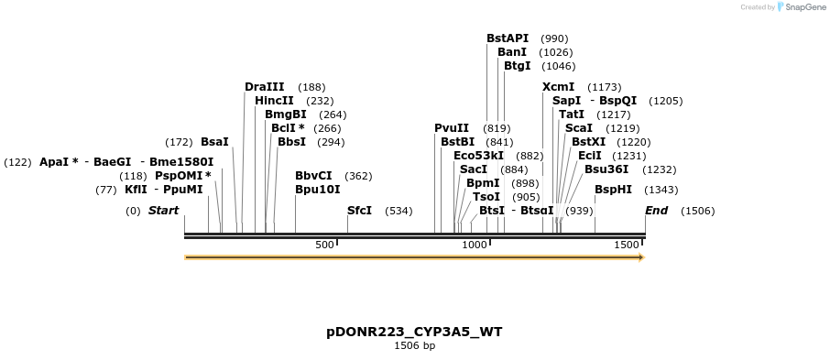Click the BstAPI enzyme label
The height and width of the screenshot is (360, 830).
coord(507,38)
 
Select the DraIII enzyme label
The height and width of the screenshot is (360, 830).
coord(264,87)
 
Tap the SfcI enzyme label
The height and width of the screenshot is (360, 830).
coord(359,211)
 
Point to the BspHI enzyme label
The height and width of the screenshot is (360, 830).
coord(613,190)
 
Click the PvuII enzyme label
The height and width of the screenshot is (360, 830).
coord(451,128)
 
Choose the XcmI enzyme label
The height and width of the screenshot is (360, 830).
coord(558,87)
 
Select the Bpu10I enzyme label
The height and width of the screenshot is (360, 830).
coord(317,190)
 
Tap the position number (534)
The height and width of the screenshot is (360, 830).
coord(399,211)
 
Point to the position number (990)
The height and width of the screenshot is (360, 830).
coord(554,38)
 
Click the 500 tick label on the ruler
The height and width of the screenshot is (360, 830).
coord(324,245)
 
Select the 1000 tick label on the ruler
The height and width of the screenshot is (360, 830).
coord(474,245)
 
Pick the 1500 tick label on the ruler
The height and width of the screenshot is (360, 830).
coord(626,245)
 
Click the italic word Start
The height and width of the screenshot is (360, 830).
coord(163,211)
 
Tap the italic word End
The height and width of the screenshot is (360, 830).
coord(656,211)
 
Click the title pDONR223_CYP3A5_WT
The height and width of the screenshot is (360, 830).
coord(414,332)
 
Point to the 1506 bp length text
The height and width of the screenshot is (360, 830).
coord(414,346)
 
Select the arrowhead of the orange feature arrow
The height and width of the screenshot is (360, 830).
coord(640,257)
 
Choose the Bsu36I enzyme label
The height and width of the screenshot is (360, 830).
coord(606,169)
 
